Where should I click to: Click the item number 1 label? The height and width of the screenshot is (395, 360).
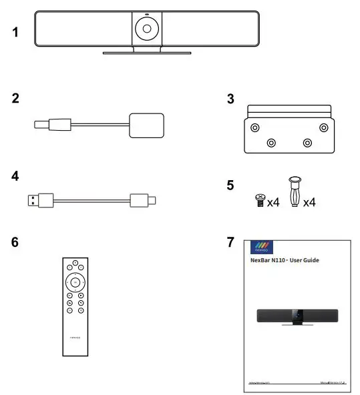[15, 31]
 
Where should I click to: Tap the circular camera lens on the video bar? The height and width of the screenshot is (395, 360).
[145, 29]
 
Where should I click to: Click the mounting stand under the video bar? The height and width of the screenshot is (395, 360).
[145, 51]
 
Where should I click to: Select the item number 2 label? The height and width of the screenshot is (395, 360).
[15, 99]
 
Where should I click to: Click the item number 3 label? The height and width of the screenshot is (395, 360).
[230, 99]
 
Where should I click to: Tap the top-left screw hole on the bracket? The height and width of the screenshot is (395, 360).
[254, 127]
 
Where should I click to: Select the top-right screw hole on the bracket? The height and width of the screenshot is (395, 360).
[323, 127]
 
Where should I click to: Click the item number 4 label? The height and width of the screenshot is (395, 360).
[15, 177]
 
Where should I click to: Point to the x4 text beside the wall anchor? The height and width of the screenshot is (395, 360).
[308, 201]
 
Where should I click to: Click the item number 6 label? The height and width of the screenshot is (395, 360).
[15, 242]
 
